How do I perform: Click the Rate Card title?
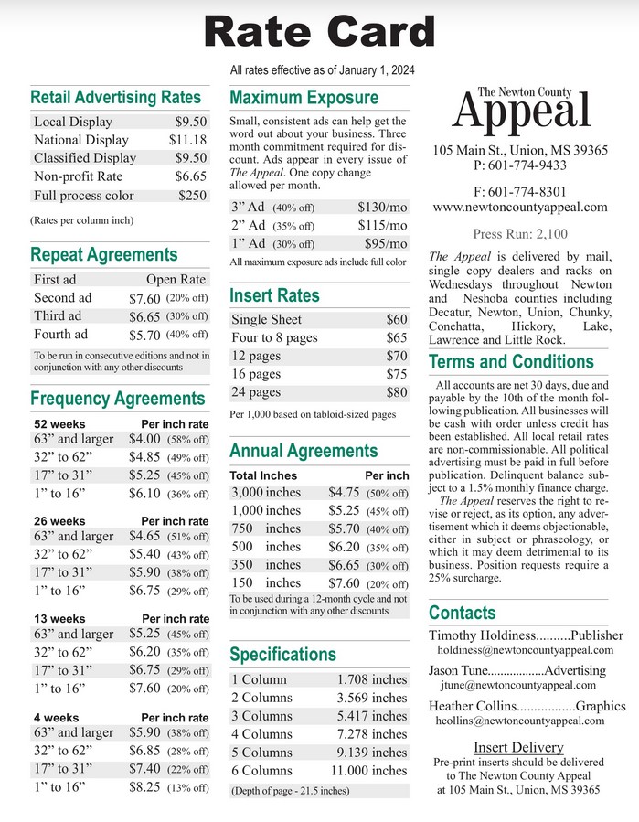pos(319,32)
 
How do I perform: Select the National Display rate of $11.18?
pos(187,140)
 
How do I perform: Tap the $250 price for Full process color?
pos(192,196)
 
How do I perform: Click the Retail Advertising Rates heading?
pos(115,98)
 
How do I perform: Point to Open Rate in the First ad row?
pos(176,280)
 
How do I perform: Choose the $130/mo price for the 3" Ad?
pos(382,207)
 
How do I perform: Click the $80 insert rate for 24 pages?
pos(396,392)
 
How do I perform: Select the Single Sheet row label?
pos(266,320)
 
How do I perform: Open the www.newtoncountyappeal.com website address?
pos(520,208)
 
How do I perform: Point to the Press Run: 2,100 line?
pos(520,234)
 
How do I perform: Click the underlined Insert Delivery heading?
pos(518,747)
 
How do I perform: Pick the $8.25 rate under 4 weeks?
pos(144,785)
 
